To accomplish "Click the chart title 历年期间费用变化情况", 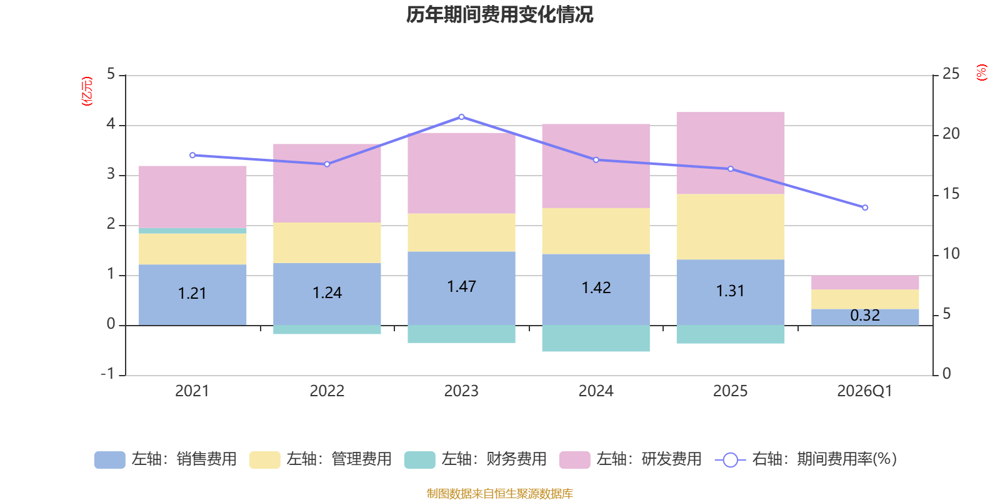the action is click(x=499, y=15).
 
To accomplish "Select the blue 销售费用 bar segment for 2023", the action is click(x=462, y=288).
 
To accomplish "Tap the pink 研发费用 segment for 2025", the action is click(x=731, y=152).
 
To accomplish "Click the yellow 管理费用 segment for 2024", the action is click(x=596, y=231).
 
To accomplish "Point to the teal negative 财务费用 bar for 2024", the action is click(x=596, y=338).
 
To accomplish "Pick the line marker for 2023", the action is click(x=462, y=117).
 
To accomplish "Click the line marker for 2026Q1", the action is click(x=865, y=207).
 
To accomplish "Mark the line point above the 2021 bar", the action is click(x=192, y=156).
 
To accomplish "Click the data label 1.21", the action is click(x=192, y=293).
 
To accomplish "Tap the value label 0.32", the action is click(x=865, y=315).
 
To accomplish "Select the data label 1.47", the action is click(x=462, y=287).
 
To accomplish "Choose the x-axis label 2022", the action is click(x=327, y=391).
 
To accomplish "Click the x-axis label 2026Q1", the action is click(x=865, y=391).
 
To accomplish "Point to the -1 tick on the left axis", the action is click(x=107, y=374).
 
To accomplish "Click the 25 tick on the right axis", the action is click(x=951, y=74).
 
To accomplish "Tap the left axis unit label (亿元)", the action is click(x=87, y=91).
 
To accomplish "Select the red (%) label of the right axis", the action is click(x=981, y=72).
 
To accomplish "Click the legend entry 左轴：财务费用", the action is click(x=476, y=459).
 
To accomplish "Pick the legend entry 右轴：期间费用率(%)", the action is click(x=806, y=459).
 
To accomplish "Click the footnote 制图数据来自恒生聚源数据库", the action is click(x=499, y=493).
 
